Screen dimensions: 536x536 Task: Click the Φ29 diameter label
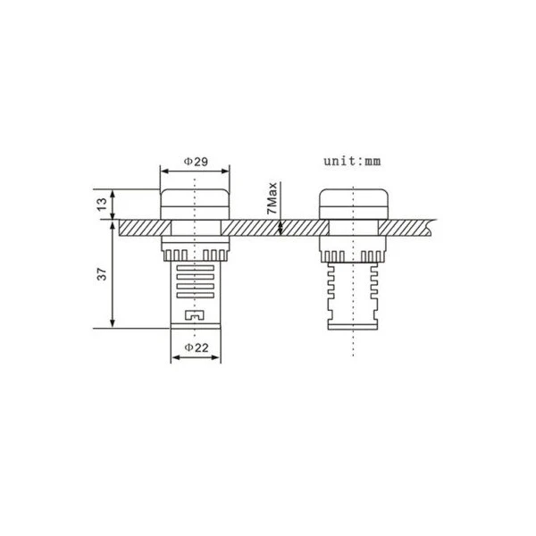196,161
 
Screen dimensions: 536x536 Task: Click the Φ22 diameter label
197,348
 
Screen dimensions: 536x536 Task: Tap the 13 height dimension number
102,205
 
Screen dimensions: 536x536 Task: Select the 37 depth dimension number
102,274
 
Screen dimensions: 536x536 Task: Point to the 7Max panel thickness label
272,198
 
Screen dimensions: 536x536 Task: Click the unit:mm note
352,161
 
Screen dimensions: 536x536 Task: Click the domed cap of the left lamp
195,197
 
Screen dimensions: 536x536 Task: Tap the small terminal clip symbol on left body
195,314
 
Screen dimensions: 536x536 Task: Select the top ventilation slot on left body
195,268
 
